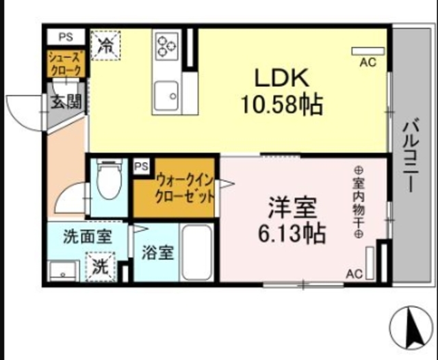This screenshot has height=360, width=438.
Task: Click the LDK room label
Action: tap(282, 77)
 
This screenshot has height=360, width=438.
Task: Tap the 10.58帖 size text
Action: tap(281, 104)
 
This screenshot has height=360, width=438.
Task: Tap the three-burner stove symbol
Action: tap(166, 46)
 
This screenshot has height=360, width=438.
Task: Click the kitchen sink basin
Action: tap(165, 94)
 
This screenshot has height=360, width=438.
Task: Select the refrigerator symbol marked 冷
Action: tap(106, 46)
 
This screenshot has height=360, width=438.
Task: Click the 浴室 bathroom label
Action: tap(157, 253)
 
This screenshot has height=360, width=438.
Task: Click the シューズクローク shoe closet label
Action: tap(67, 63)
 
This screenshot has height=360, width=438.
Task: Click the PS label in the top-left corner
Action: tap(65, 36)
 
